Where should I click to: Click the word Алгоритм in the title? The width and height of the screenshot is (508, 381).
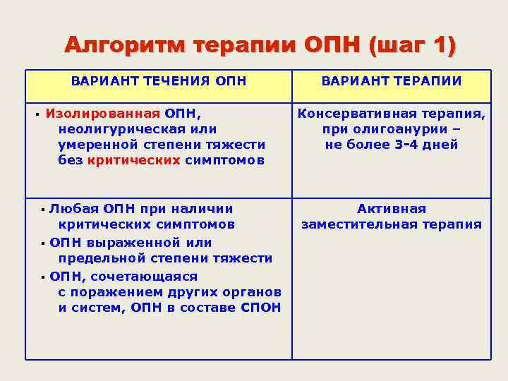tap(124, 46)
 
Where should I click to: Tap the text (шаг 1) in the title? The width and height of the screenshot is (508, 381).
tap(412, 46)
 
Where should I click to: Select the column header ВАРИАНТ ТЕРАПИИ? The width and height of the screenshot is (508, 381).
tap(392, 81)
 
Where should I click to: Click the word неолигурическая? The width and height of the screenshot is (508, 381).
tap(119, 128)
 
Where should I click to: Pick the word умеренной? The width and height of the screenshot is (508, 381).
tap(99, 144)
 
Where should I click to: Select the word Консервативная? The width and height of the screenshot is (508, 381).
tap(356, 113)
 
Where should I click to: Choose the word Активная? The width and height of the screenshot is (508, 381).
tap(392, 209)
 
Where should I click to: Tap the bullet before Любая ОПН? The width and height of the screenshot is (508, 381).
tap(43, 210)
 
